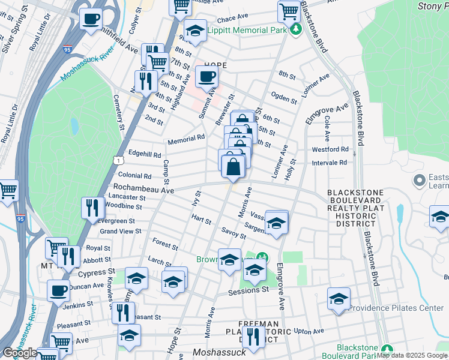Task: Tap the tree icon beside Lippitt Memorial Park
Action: [295, 29]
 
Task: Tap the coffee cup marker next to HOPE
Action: [206, 77]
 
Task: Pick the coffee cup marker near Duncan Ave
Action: [59, 292]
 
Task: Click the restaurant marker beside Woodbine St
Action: [92, 208]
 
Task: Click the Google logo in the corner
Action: [20, 353]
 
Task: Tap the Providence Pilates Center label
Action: [396, 308]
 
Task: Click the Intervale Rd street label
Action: [330, 163]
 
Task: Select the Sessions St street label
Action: [249, 290]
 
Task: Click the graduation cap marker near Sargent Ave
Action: [276, 223]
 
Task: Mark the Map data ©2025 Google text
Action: [411, 355]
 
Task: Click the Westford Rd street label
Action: [330, 149]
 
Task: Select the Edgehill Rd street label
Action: [144, 154]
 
